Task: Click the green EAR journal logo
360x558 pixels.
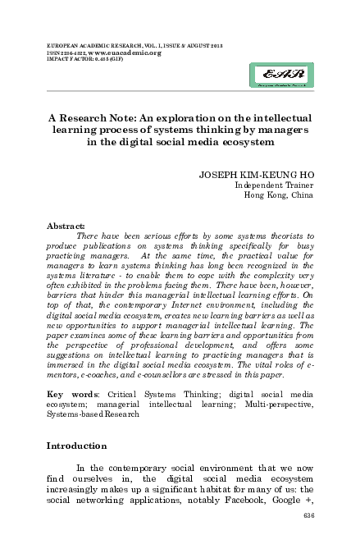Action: click(x=281, y=78)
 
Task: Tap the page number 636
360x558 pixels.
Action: click(x=308, y=515)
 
